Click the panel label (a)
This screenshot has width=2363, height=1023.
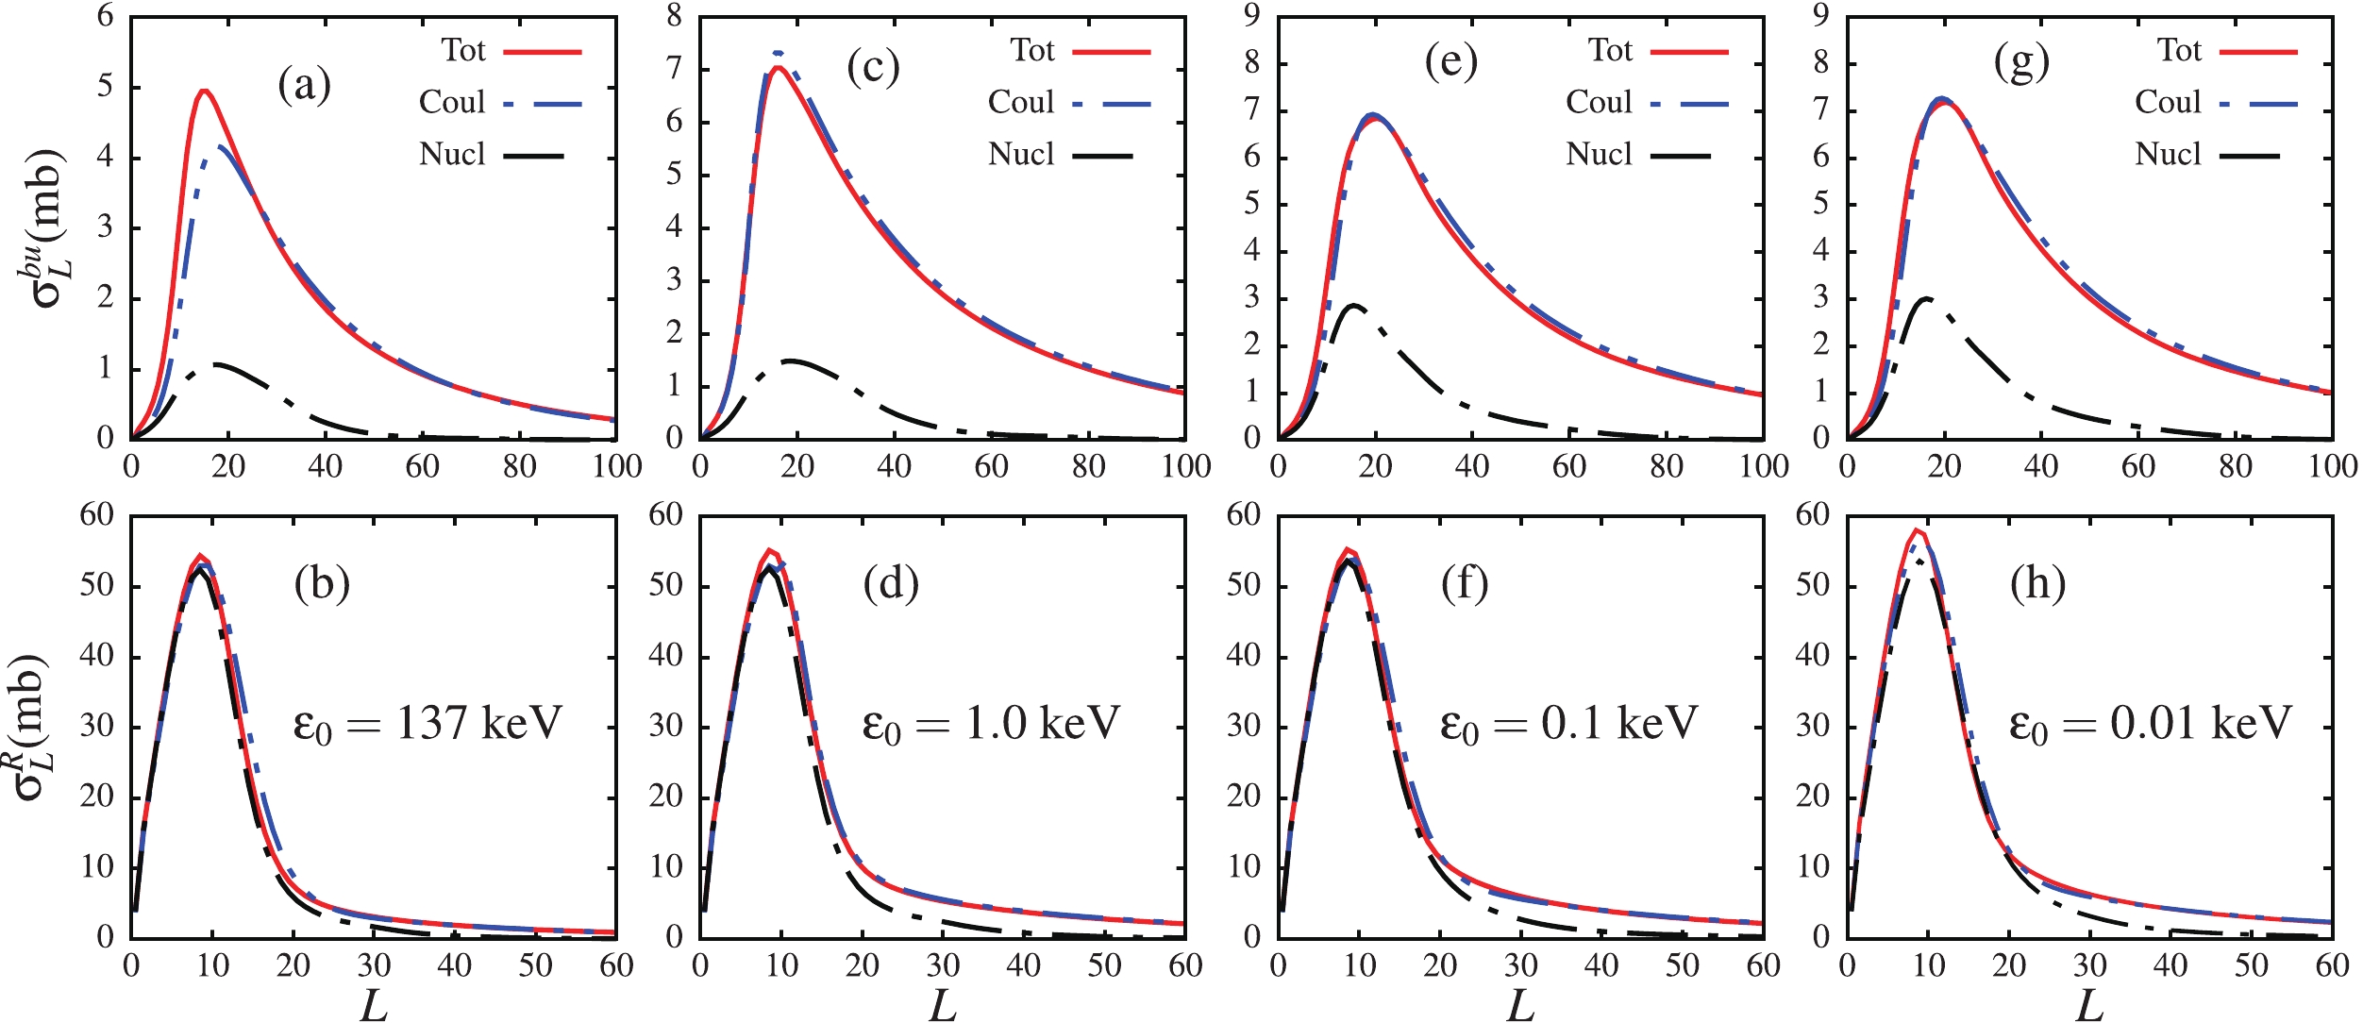click(x=304, y=86)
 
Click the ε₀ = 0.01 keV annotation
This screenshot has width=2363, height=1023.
click(x=2150, y=724)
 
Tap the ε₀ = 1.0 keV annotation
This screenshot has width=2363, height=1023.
click(x=991, y=724)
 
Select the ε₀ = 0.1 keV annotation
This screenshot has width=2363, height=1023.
click(x=1568, y=724)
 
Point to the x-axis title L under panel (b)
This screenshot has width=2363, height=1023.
click(x=374, y=1006)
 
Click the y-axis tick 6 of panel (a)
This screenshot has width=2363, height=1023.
click(x=105, y=16)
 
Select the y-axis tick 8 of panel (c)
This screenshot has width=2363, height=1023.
click(x=674, y=16)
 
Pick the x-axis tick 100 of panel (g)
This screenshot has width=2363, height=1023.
click(x=2332, y=466)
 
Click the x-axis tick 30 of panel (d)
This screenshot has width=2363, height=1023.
click(x=943, y=965)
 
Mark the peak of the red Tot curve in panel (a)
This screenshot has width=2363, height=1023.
click(x=204, y=91)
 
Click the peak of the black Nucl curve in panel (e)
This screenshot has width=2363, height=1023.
click(x=1354, y=305)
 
